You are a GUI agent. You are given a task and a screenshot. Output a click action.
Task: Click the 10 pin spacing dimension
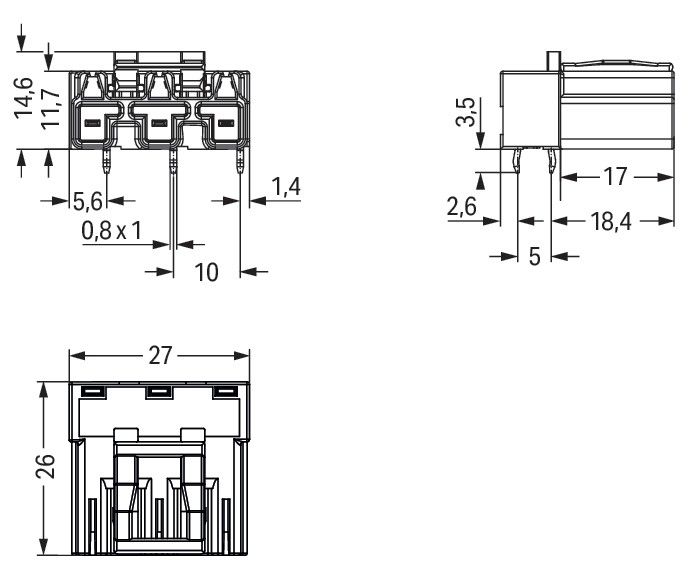click(206, 271)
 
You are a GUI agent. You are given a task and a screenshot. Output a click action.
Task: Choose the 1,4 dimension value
click(286, 186)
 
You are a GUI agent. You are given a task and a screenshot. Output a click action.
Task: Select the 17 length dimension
click(616, 177)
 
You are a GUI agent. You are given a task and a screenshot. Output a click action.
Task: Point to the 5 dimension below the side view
click(534, 257)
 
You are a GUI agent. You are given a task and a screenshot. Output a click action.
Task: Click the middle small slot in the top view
click(158, 391)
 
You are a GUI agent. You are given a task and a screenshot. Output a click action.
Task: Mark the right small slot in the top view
click(226, 391)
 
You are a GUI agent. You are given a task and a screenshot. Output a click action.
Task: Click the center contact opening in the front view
click(158, 124)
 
